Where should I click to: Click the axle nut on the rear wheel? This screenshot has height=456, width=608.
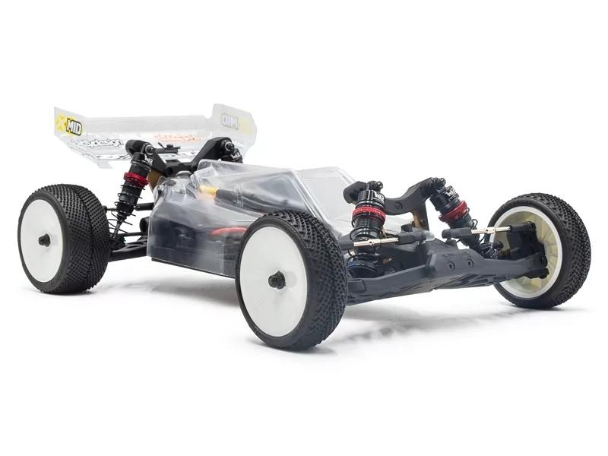click(x=45, y=240)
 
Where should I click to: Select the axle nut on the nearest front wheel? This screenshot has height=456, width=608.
click(x=277, y=280)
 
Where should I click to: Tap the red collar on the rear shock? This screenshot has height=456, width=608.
click(x=135, y=180)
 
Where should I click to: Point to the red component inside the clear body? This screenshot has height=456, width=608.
click(x=229, y=230)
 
